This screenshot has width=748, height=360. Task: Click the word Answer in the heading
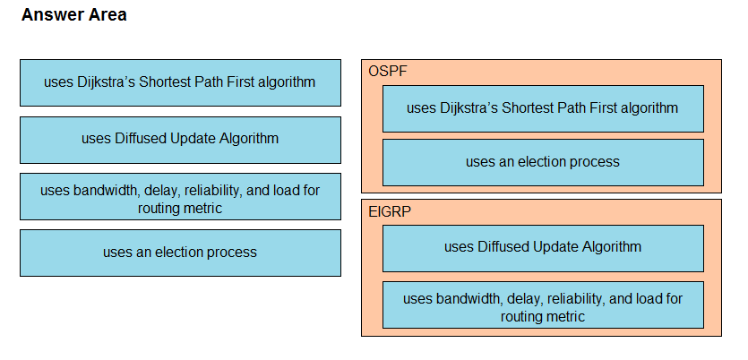(47, 15)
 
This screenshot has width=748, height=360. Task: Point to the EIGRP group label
(390, 211)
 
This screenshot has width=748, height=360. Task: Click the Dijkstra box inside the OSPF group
(543, 108)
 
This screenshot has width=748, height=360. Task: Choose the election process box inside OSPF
(543, 162)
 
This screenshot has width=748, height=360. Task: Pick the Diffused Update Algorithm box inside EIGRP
(543, 248)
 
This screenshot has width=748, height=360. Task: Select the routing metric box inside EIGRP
(543, 304)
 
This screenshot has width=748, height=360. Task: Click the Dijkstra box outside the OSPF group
(180, 82)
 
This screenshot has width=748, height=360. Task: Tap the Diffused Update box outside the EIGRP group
(180, 140)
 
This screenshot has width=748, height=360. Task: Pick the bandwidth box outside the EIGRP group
(180, 196)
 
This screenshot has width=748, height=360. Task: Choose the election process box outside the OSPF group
(180, 253)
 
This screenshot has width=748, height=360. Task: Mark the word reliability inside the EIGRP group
(576, 299)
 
